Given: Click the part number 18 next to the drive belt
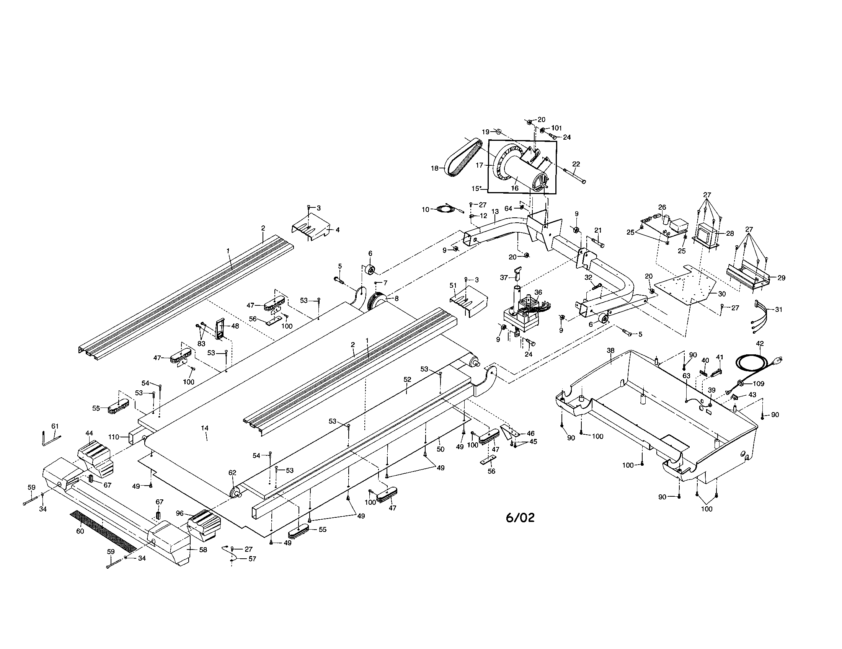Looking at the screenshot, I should tap(434, 168).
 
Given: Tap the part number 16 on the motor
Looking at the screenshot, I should tap(515, 188).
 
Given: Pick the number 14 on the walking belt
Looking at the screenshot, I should tap(205, 428).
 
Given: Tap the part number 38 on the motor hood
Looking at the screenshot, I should tap(611, 351).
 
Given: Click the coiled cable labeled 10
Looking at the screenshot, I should tap(443, 209).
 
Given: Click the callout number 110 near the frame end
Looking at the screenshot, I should tap(114, 437).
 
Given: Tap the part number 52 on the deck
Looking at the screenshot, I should tap(407, 379).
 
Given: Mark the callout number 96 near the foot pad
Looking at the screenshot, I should tap(179, 513).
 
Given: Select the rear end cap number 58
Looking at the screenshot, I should tap(203, 550).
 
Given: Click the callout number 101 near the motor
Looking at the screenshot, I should tap(556, 128).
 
